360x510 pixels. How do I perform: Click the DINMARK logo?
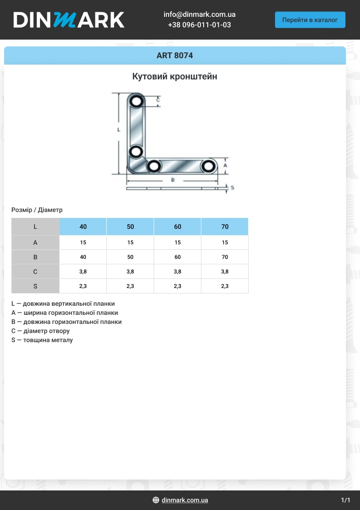point(69,20)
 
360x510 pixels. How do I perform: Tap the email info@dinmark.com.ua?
point(199,15)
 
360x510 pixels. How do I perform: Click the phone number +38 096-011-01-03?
point(199,25)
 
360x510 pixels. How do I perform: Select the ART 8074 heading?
point(175,56)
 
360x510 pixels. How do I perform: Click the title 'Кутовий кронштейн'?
point(175,76)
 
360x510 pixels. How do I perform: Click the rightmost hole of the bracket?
point(209,166)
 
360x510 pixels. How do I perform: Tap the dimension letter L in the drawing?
point(118,130)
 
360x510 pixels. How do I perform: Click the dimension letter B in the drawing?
point(173,180)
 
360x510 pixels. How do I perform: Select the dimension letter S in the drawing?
point(232,187)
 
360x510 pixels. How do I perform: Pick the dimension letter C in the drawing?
point(158,99)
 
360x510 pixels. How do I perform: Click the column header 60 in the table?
point(177,227)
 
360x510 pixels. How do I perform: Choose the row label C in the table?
point(35,272)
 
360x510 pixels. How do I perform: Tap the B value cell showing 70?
point(225,257)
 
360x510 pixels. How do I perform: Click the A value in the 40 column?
point(83,242)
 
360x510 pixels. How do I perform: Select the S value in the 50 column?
point(130,286)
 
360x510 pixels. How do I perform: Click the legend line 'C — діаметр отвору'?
point(40,331)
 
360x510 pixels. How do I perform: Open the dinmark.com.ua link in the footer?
point(185,500)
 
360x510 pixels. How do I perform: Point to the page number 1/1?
point(345,500)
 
